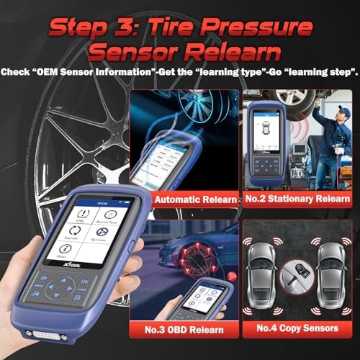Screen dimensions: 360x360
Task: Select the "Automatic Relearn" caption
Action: [x=195, y=199]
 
